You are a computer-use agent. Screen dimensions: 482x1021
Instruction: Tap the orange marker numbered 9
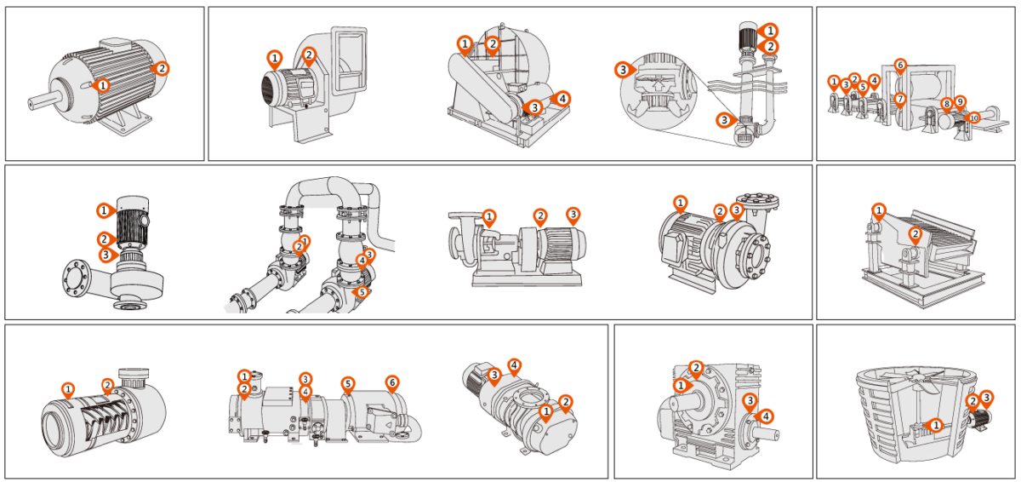tap(961, 101)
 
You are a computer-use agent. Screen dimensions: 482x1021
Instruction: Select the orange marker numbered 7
tap(900, 98)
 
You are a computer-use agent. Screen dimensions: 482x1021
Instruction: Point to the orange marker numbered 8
tap(946, 104)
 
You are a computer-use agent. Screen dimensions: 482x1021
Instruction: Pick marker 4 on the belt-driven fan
tap(561, 98)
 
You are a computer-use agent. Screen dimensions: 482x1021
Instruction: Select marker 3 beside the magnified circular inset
tap(624, 69)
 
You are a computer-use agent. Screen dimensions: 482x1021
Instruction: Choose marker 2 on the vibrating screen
tap(915, 233)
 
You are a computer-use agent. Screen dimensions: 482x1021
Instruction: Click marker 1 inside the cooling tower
tap(935, 424)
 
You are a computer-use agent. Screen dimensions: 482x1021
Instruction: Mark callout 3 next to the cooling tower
tap(986, 397)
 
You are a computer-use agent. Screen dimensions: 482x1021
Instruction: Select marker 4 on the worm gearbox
tap(766, 416)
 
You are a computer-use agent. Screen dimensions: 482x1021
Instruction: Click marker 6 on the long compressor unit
tap(391, 382)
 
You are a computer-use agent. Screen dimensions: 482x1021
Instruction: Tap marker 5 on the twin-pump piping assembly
tap(362, 291)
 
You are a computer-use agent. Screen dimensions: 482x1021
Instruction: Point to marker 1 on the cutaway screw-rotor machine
tap(68, 389)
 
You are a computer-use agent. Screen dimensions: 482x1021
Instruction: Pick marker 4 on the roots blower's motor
tap(514, 365)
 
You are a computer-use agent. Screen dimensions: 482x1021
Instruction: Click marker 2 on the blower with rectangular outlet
tap(309, 55)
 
